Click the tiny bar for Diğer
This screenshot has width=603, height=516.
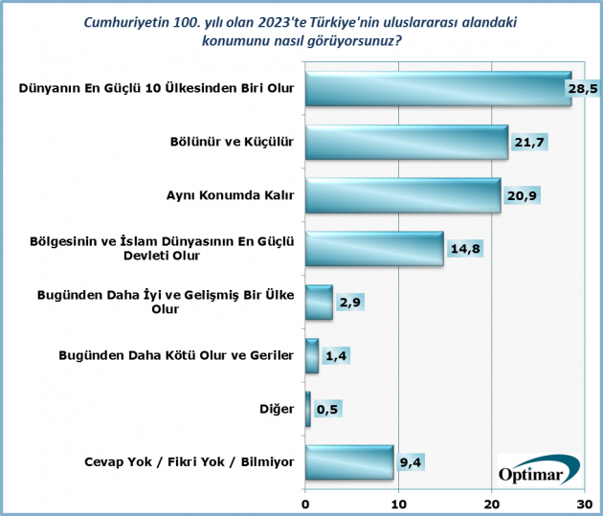point(307,410)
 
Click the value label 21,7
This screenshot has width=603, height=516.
point(529,143)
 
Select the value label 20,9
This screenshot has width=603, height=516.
point(522,196)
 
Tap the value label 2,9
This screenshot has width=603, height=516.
point(351,303)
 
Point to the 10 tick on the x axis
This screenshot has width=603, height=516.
point(398,504)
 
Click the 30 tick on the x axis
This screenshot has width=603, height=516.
point(584,504)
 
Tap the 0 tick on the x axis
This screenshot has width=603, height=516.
point(305,504)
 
